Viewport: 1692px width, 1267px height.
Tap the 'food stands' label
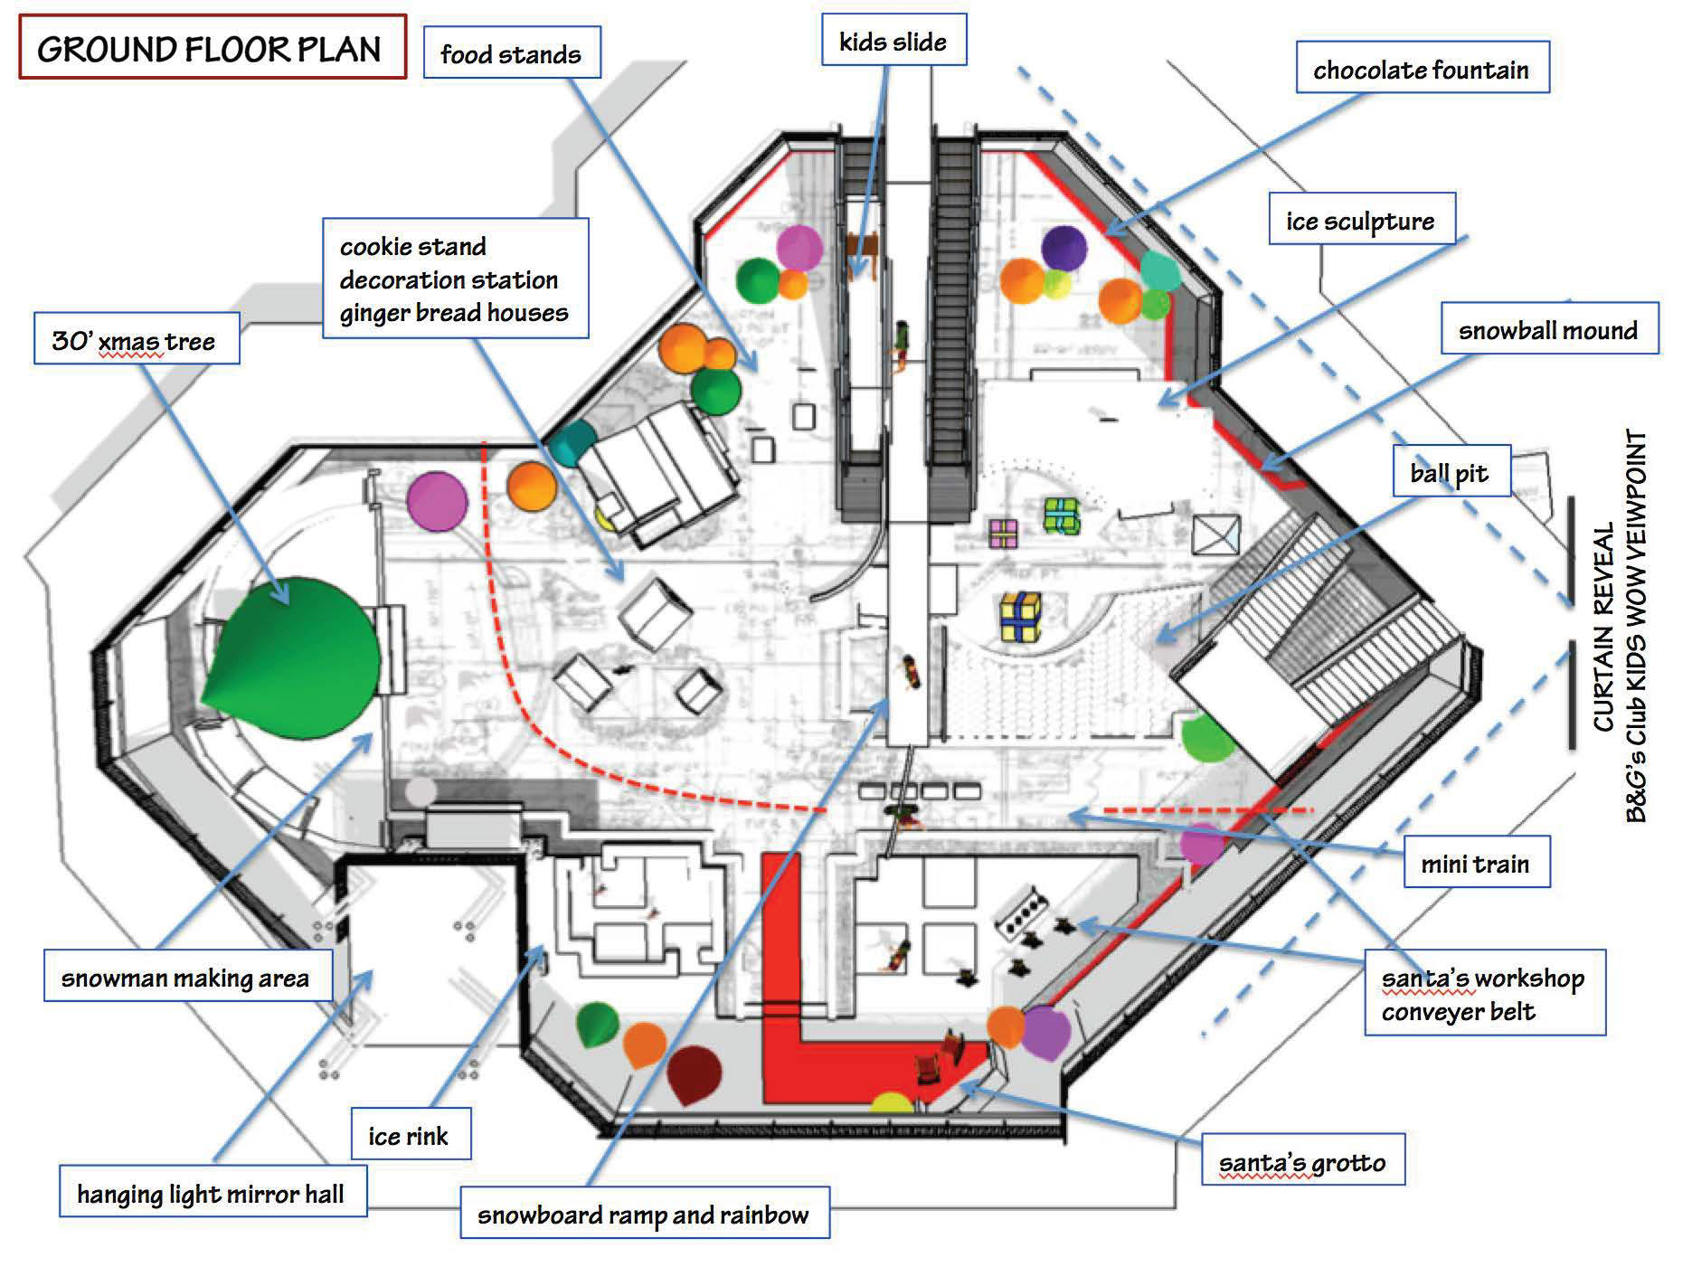tap(511, 53)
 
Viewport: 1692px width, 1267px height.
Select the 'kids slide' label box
tap(893, 40)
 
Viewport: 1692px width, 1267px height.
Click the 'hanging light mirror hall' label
tap(212, 1193)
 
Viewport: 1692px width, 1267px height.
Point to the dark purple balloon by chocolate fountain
tap(1063, 247)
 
